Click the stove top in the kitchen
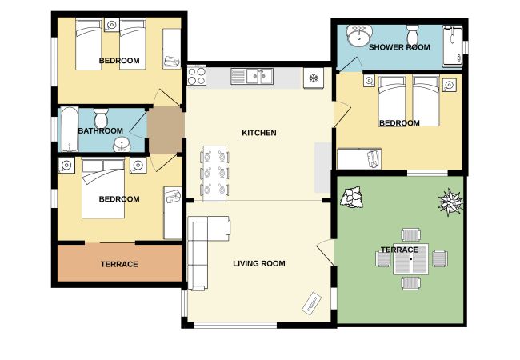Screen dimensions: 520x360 [196, 75]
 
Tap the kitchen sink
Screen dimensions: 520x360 [252, 76]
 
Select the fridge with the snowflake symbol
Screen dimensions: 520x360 [314, 78]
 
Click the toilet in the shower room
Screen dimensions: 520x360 [413, 33]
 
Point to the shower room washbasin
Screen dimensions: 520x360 [359, 36]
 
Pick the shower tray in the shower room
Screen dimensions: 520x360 [452, 46]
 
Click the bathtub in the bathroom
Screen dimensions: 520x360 [70, 129]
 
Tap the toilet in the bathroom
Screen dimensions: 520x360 [101, 118]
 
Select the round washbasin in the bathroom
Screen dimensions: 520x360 [122, 145]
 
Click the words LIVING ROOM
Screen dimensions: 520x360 [259, 263]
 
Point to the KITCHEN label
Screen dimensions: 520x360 [259, 133]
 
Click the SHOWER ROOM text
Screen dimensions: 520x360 [399, 47]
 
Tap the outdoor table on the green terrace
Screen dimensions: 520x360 [411, 259]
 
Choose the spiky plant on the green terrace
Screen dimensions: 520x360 [450, 202]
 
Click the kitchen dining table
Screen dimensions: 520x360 [214, 174]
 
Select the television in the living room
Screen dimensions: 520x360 [312, 303]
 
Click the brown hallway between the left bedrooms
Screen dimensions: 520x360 [166, 130]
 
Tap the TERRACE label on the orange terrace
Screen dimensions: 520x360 [119, 264]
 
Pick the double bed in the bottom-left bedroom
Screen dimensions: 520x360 [103, 188]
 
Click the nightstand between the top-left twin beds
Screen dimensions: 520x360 [112, 25]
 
